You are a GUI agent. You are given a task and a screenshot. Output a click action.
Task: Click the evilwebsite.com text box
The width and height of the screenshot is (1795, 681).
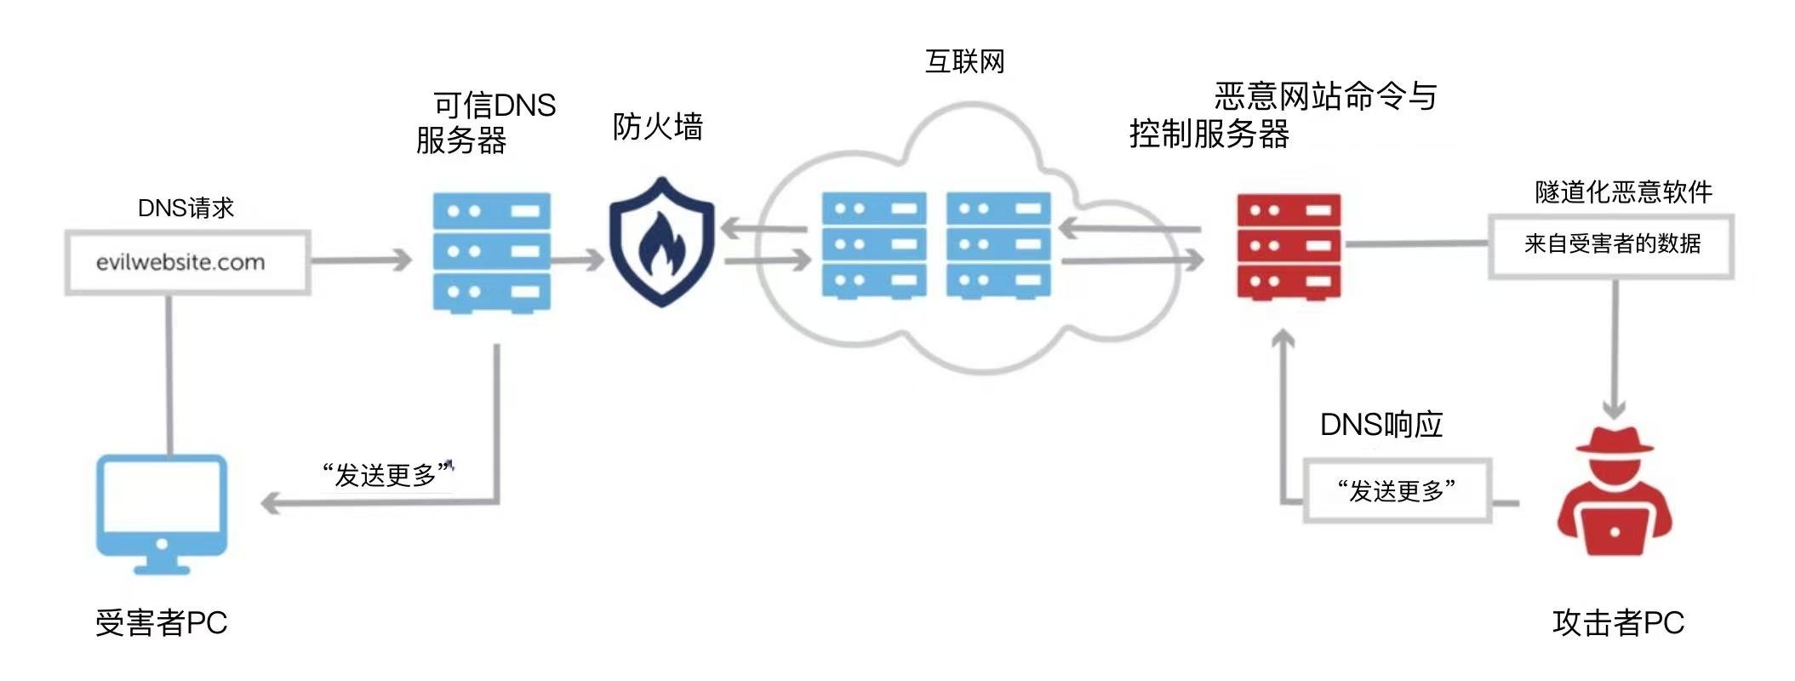(187, 262)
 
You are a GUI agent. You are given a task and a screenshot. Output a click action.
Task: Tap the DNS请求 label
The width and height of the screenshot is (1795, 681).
(186, 208)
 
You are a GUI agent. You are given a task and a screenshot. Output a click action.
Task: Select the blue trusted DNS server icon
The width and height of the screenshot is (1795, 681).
(491, 252)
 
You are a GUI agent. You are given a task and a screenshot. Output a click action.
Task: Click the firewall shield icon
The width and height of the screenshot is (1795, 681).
(661, 242)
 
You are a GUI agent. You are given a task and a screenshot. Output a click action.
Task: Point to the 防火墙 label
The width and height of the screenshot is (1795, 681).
(657, 127)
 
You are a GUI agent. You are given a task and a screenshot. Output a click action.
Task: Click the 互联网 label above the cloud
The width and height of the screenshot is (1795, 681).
(964, 61)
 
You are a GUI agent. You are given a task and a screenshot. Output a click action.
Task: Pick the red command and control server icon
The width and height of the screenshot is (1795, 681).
(1288, 247)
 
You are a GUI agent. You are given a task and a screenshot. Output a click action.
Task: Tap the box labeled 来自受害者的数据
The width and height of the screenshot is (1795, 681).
(1611, 245)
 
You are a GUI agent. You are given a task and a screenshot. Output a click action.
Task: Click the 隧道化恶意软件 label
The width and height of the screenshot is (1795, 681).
(1623, 192)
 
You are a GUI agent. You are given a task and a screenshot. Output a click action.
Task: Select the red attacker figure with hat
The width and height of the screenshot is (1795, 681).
(1614, 498)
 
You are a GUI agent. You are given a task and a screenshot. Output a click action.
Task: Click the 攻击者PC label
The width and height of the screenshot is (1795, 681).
(1618, 622)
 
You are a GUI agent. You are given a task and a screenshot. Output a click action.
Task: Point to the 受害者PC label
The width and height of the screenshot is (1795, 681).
(161, 622)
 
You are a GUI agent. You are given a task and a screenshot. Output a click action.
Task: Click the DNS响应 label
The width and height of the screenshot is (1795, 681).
(1381, 424)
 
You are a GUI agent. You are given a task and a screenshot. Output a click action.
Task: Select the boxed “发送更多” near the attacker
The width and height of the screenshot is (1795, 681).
(1397, 491)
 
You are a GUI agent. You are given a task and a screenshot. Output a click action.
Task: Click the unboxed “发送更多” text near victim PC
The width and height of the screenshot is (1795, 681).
(386, 474)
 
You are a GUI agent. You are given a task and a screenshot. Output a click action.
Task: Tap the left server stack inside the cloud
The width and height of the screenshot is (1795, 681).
(873, 245)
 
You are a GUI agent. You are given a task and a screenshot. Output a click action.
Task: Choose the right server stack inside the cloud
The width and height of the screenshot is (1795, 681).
(998, 245)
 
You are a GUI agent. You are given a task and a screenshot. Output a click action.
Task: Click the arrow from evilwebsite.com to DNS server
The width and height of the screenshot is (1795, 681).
(361, 260)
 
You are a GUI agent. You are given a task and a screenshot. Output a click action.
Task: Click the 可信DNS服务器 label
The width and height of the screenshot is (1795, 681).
(486, 123)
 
